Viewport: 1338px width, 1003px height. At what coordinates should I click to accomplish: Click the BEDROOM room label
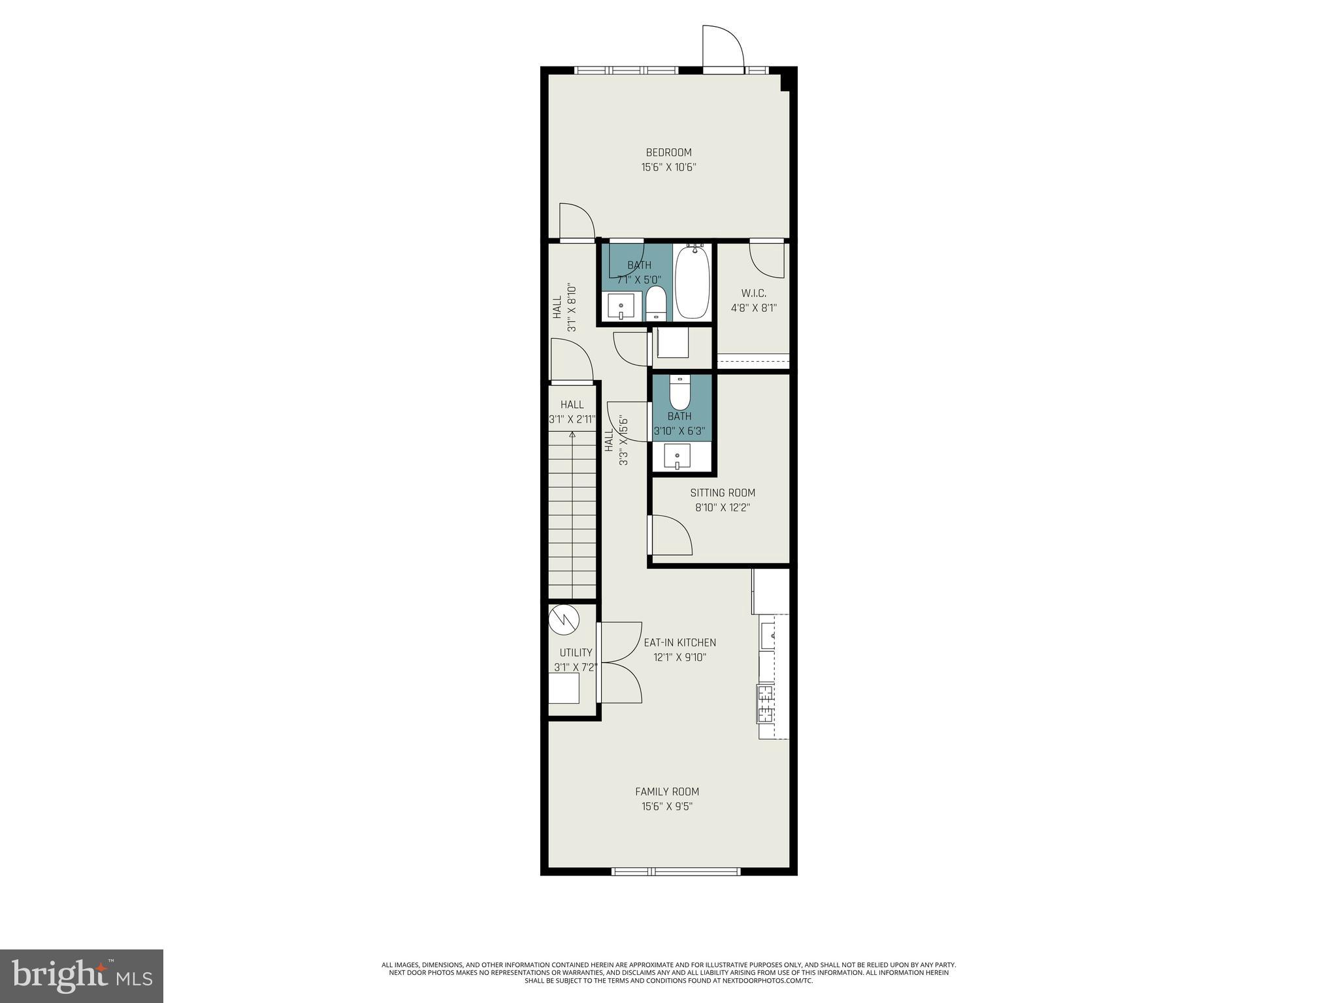tap(668, 153)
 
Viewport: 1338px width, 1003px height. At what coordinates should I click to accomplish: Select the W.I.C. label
tap(753, 293)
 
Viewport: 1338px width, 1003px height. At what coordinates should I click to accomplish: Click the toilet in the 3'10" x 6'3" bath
tap(680, 392)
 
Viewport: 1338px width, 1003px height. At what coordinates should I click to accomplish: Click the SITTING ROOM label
tap(723, 493)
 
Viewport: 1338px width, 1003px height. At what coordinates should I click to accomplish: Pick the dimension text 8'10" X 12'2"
tap(723, 508)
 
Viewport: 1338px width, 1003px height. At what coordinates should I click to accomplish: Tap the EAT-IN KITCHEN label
tap(679, 643)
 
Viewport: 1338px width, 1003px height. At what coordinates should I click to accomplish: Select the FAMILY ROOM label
tap(667, 791)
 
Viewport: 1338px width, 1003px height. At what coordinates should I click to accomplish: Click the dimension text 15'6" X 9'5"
tap(667, 806)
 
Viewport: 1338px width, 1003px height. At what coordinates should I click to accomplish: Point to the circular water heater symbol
tap(564, 620)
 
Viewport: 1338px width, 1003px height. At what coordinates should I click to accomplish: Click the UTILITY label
tap(576, 652)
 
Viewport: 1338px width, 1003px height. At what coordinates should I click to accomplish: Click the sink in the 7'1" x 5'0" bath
tap(620, 306)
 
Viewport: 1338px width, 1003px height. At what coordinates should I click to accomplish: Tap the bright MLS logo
tap(82, 976)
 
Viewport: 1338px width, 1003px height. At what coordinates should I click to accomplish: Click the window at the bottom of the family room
tap(676, 871)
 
